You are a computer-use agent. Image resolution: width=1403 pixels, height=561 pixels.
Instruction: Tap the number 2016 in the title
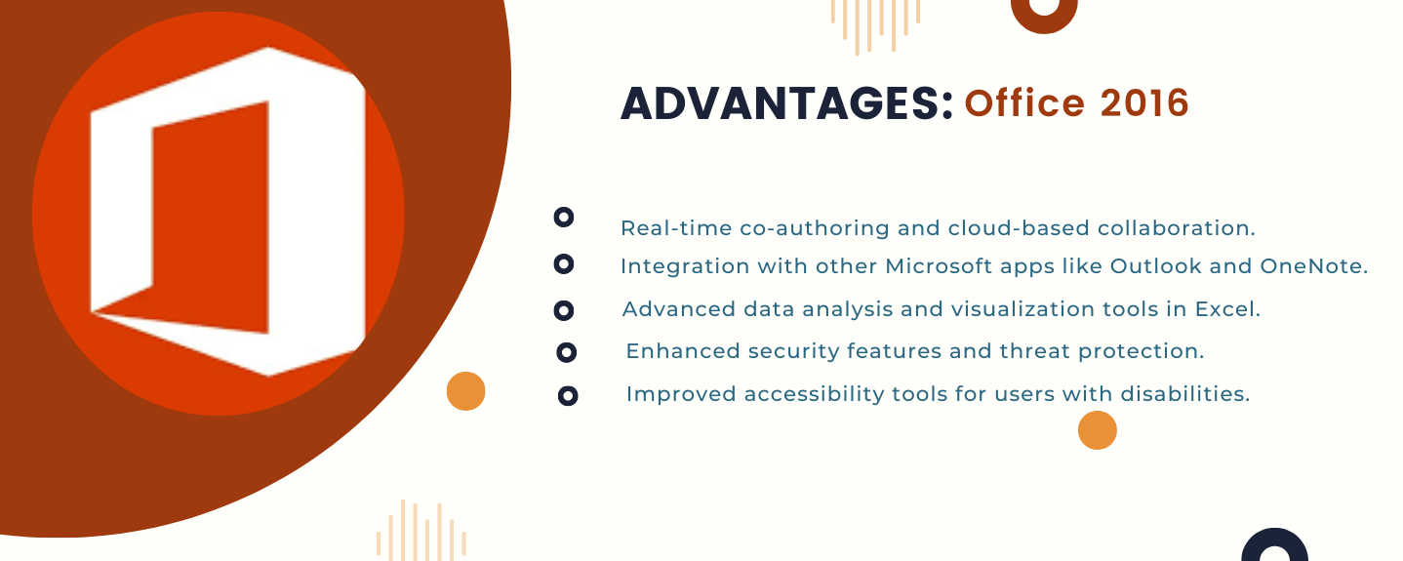[x=1144, y=103]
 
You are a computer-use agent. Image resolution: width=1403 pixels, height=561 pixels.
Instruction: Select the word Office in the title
[x=1024, y=103]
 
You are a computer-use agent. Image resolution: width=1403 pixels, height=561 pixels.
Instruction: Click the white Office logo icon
[x=228, y=212]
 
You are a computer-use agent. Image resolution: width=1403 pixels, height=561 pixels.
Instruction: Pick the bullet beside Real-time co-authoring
[x=564, y=218]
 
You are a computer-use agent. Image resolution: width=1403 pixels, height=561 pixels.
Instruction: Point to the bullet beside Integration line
[x=564, y=264]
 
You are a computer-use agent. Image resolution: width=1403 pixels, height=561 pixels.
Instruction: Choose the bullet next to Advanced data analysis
[x=564, y=310]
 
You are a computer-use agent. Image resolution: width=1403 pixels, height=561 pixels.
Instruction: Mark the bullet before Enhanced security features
[x=566, y=352]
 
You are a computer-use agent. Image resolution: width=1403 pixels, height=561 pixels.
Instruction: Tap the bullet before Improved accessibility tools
[x=568, y=396]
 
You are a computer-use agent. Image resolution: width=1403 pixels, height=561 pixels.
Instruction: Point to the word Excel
[x=1224, y=308]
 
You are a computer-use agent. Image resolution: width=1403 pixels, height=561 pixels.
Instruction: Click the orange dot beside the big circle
[x=466, y=391]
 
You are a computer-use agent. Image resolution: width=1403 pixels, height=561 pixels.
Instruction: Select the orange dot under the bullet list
[x=1098, y=430]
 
